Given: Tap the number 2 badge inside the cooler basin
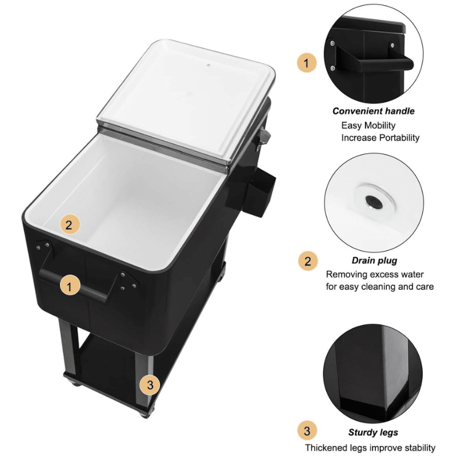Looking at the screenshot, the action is pyautogui.click(x=70, y=225).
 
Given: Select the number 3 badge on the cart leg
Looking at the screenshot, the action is pyautogui.click(x=150, y=384).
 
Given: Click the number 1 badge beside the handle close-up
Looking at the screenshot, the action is pyautogui.click(x=307, y=63).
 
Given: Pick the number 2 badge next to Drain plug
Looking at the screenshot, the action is pyautogui.click(x=308, y=261).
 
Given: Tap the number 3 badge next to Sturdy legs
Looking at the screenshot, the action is pyautogui.click(x=307, y=431).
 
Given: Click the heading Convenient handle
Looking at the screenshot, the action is pyautogui.click(x=374, y=111).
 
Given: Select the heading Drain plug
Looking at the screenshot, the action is pyautogui.click(x=374, y=260).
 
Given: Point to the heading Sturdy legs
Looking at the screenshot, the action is pyautogui.click(x=373, y=432).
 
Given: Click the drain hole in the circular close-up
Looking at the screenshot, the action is pyautogui.click(x=374, y=202).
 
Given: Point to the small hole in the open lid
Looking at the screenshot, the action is pyautogui.click(x=209, y=65).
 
